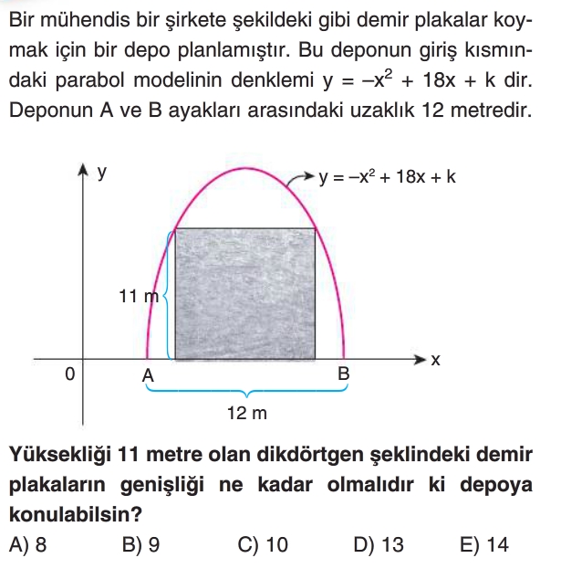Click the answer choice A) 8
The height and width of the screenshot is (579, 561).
(27, 545)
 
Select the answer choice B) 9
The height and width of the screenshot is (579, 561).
(141, 545)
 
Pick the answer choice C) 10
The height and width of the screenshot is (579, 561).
(262, 545)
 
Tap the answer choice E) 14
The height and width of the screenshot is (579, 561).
(484, 545)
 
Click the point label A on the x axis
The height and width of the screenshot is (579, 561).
(147, 375)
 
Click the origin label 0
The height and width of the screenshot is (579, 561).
(70, 374)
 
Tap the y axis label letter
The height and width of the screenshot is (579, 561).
(102, 171)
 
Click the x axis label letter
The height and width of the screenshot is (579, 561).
(435, 361)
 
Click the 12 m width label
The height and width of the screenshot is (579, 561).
(246, 414)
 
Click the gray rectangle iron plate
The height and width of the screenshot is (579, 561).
(245, 294)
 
